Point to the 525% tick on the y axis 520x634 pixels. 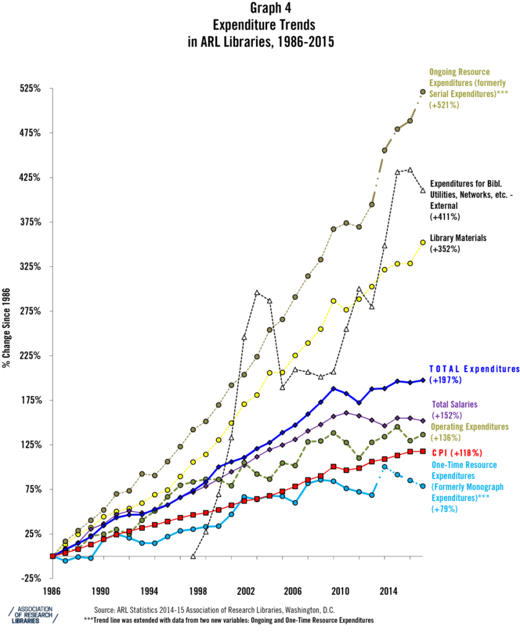pyautogui.click(x=29, y=89)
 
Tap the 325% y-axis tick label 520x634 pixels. pyautogui.click(x=29, y=267)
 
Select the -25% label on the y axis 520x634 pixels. pyautogui.click(x=29, y=578)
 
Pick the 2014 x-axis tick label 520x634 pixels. pyautogui.click(x=388, y=590)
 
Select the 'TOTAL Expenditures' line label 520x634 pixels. pyautogui.click(x=474, y=370)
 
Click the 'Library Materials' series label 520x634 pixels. pyautogui.click(x=458, y=237)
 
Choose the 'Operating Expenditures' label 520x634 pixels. pyautogui.click(x=469, y=427)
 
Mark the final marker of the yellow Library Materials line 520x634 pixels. pyautogui.click(x=422, y=242)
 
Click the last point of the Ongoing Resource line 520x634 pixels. pyautogui.click(x=422, y=92)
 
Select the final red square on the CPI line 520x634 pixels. pyautogui.click(x=422, y=451)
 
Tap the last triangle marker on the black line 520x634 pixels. pyautogui.click(x=422, y=190)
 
